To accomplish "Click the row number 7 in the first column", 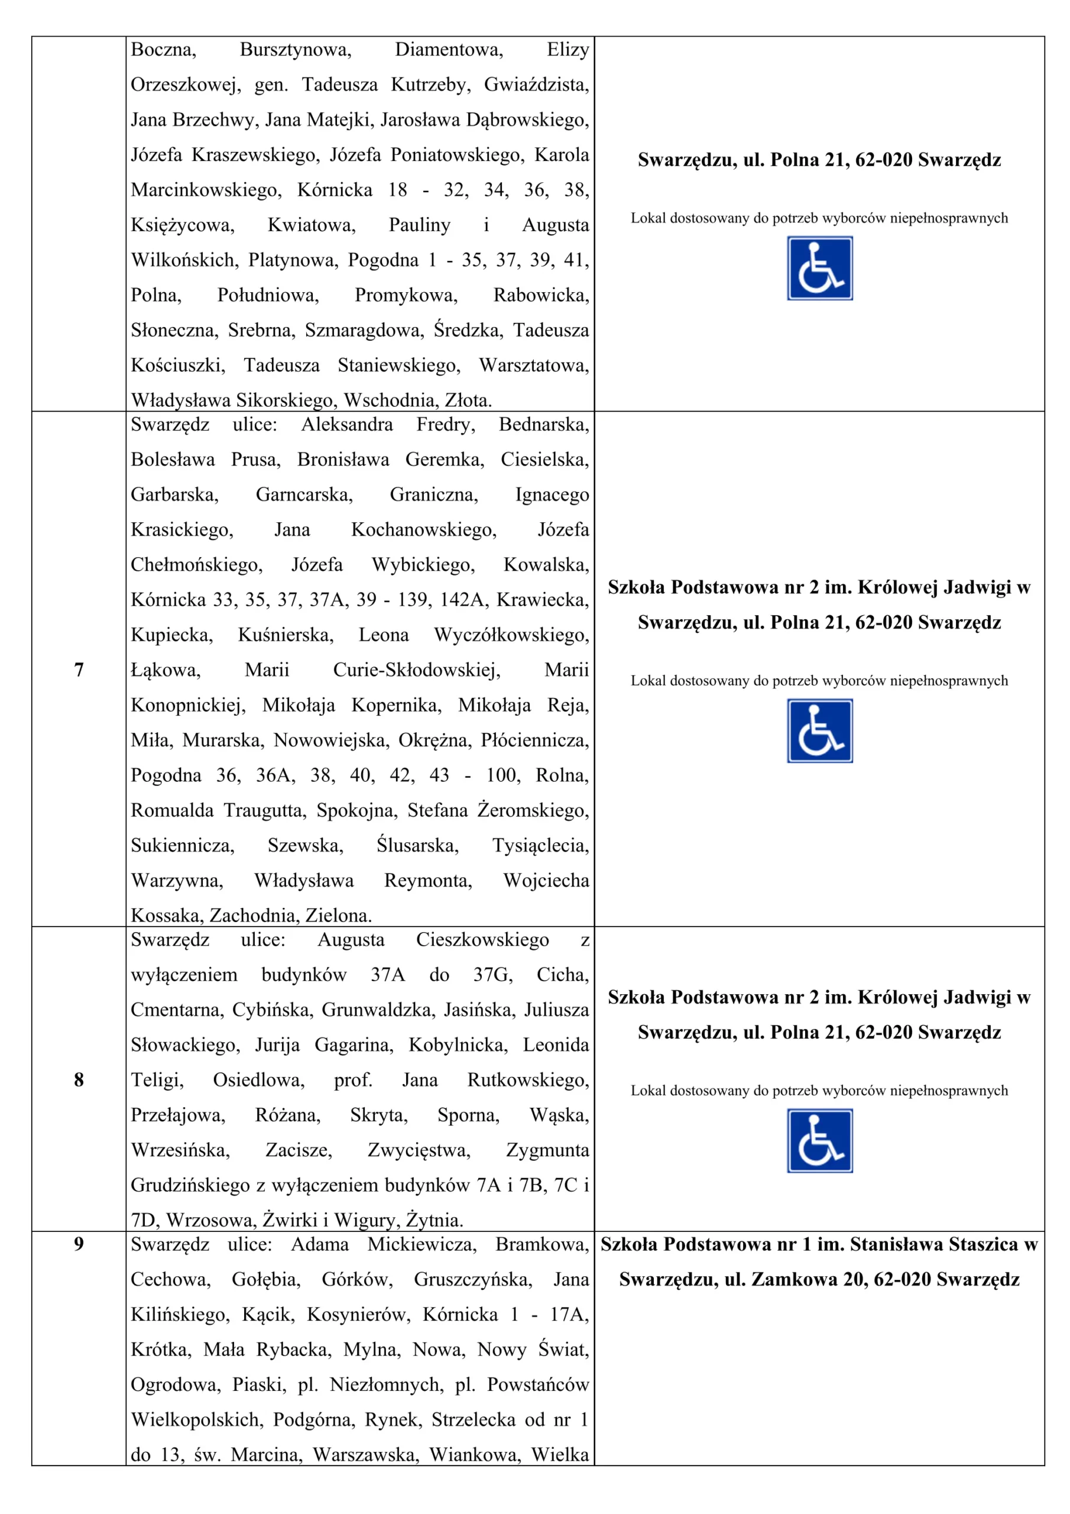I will [x=79, y=670].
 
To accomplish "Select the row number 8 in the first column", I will [x=79, y=1079].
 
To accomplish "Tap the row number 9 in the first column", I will [x=79, y=1244].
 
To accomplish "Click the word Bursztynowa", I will [x=296, y=50].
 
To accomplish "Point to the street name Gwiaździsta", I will [x=536, y=85].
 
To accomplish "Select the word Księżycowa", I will [x=182, y=225].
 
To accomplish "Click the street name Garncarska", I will [x=304, y=494].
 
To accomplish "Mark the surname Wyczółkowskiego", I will [x=511, y=635].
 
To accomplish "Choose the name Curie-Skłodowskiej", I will [x=417, y=670].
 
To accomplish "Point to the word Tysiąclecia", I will [x=540, y=845].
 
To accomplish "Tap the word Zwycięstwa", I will [x=419, y=1150].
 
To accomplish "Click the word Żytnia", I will [x=434, y=1220].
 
